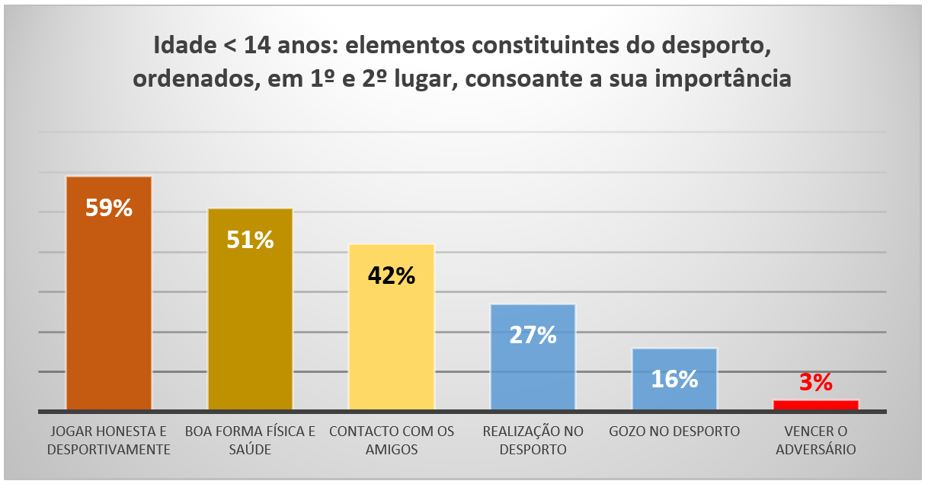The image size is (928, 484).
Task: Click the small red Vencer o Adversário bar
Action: coord(815,405)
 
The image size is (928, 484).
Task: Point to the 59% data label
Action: coord(109,209)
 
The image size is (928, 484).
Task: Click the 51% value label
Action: coord(250,240)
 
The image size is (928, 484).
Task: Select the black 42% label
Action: coord(391,275)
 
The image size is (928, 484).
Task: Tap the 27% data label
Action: coord(533,335)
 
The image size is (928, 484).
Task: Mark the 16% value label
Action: coord(674,379)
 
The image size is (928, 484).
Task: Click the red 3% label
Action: coord(815,383)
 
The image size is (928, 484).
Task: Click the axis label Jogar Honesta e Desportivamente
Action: coord(108,441)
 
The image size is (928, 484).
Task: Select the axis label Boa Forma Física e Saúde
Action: coord(250,441)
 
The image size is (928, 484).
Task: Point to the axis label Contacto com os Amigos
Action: coord(392,441)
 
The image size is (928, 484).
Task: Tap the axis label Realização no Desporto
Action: coord(533,441)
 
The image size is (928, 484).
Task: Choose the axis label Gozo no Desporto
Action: coord(674,431)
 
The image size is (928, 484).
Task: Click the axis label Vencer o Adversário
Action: coord(815,441)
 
